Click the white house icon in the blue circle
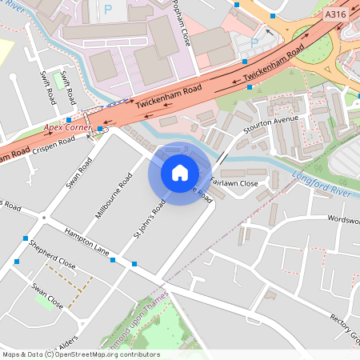coord(180,173)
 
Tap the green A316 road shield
coord(336,14)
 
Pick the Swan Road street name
coord(79,172)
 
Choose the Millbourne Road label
coord(113,196)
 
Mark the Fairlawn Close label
coord(234,183)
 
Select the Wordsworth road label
coord(342,218)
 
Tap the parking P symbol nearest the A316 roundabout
coord(254,42)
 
